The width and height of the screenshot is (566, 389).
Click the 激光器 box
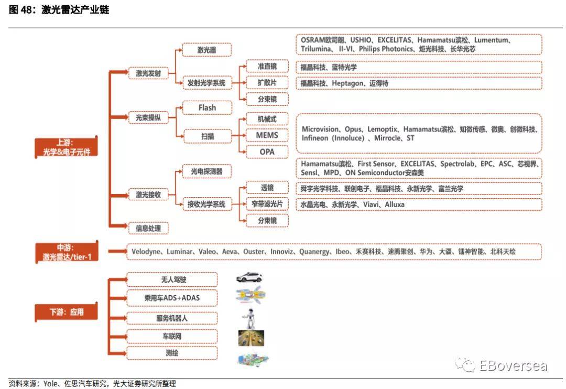207,50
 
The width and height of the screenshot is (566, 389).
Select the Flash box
207,107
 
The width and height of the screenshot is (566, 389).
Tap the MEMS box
267,135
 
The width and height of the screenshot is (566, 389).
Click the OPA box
267,152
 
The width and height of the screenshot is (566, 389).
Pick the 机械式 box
267,119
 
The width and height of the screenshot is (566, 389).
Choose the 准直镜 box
267,66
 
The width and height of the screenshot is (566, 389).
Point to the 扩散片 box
267,82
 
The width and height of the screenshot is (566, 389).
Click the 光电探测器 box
207,171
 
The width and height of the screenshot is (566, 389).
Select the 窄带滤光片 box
267,204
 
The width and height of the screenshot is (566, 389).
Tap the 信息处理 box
148,228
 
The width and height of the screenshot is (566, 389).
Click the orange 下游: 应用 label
67,312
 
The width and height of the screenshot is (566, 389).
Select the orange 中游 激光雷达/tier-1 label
67,252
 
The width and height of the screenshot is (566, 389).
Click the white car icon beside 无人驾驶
249,277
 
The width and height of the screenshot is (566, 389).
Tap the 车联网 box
172,336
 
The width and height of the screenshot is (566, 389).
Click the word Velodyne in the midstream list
146,252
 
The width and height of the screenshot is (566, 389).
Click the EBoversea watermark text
513,365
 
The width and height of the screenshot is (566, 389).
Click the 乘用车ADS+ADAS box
172,298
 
